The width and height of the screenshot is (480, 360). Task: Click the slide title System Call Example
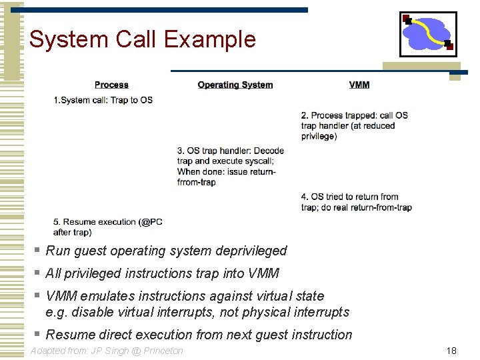point(142,39)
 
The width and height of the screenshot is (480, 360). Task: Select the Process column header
point(111,85)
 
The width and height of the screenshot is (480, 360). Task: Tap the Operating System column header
point(235,85)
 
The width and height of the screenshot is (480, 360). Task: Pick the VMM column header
point(359,85)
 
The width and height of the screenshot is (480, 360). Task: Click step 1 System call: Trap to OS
point(103,100)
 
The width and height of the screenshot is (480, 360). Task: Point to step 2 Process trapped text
point(354,125)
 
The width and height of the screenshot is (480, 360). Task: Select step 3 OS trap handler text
point(230,166)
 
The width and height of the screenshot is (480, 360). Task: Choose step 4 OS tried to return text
point(356,202)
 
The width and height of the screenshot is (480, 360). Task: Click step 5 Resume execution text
point(107,227)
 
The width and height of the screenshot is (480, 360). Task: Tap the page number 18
point(451,351)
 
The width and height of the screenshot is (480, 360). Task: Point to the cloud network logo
point(427,34)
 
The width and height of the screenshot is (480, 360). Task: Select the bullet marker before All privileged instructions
point(37,273)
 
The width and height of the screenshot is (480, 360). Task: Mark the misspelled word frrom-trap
point(197,182)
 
